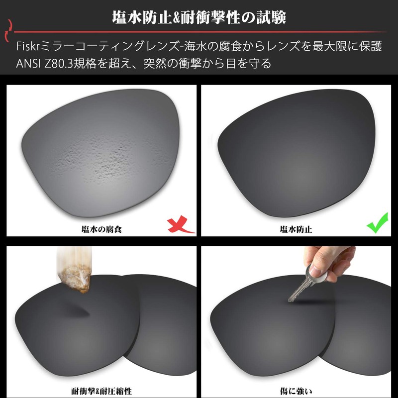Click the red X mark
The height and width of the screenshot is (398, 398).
tap(180, 225)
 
